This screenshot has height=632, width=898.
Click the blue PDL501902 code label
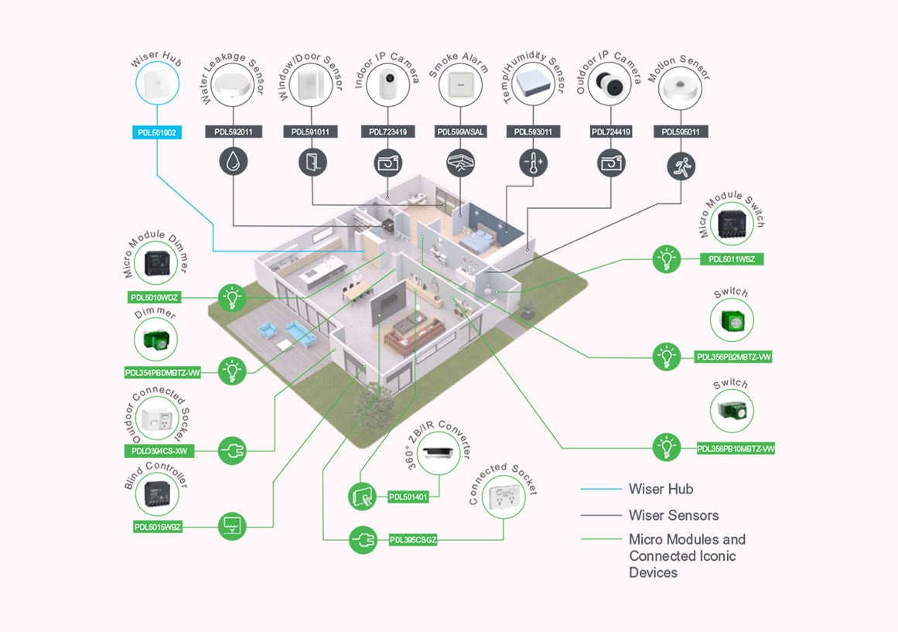[157, 132]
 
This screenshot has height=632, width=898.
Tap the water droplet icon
[234, 162]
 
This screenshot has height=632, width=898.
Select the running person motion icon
[681, 165]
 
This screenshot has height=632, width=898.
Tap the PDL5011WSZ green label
[731, 259]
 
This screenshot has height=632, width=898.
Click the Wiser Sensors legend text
[673, 515]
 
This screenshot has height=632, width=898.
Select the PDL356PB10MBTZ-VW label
[736, 448]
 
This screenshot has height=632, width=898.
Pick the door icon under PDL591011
[312, 162]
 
